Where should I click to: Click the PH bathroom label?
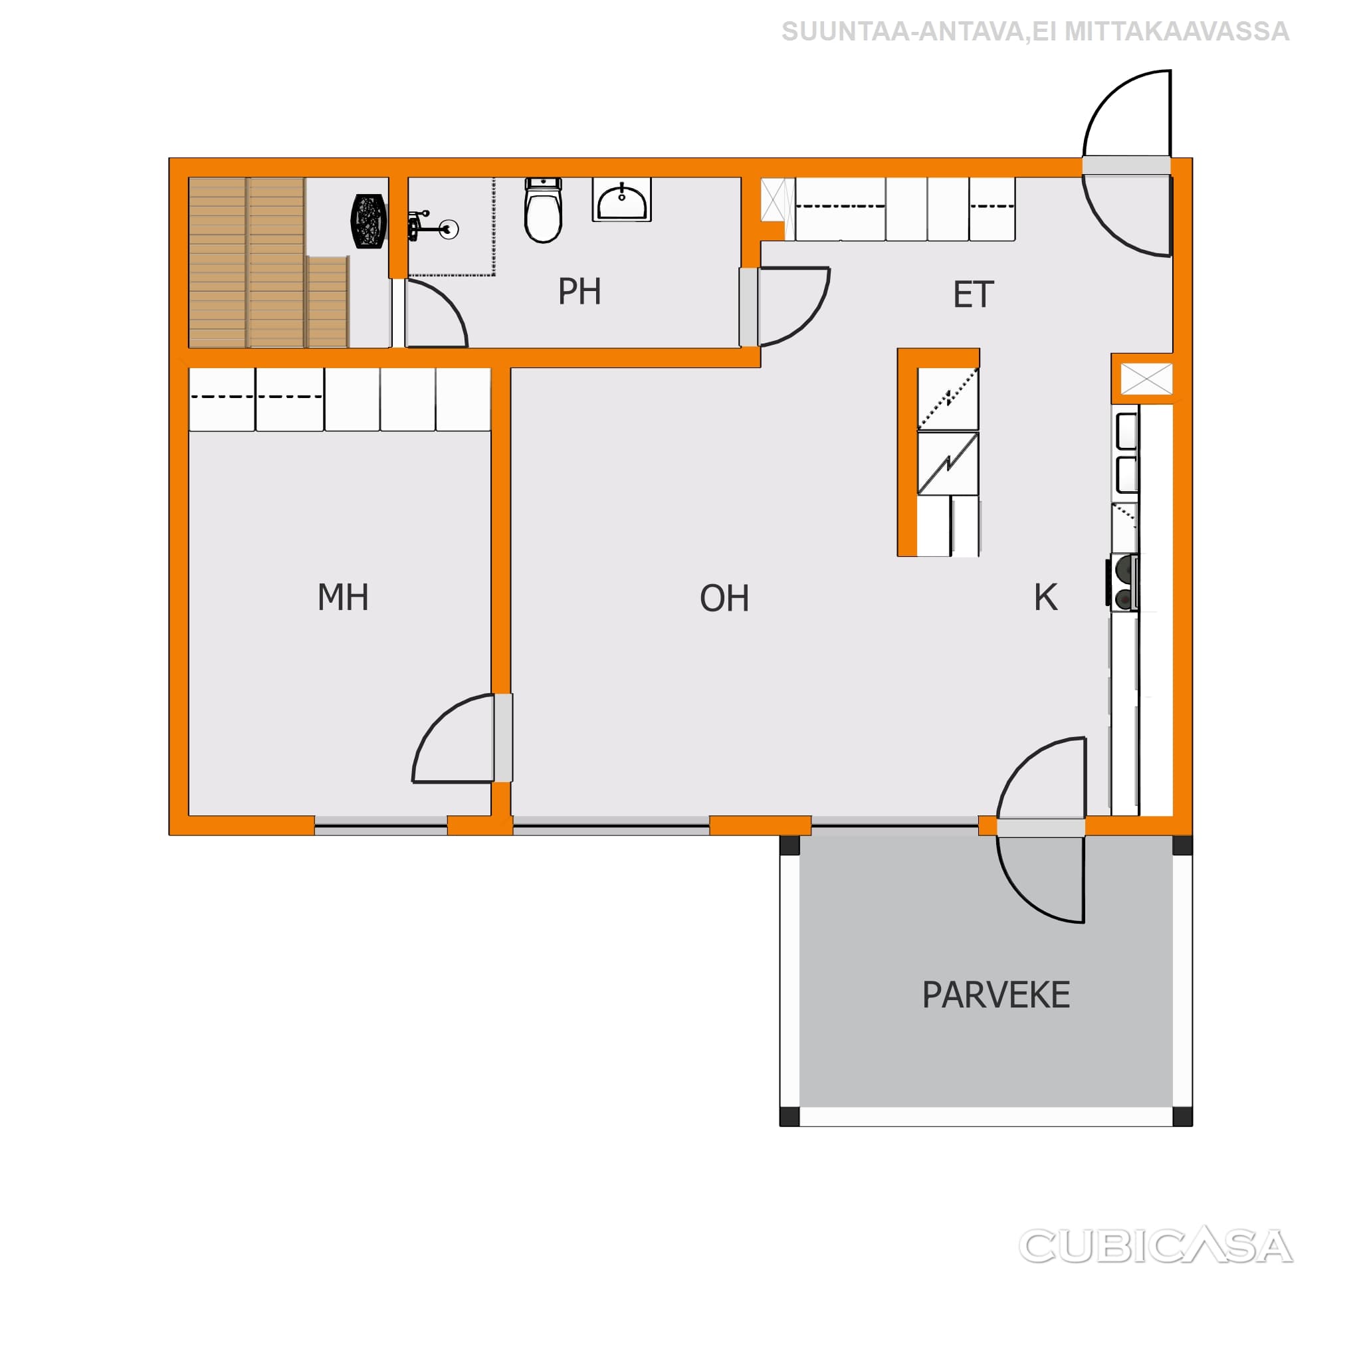click(579, 292)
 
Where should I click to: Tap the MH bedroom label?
click(343, 597)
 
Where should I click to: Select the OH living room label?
click(724, 598)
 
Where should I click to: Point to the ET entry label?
click(973, 294)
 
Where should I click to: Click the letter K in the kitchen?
click(1045, 597)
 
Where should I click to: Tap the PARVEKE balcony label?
click(996, 995)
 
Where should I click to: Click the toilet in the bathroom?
click(543, 210)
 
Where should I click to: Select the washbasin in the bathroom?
click(621, 200)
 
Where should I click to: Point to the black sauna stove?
click(368, 221)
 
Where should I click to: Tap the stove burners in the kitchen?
click(1123, 582)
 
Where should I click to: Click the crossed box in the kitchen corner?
click(1146, 379)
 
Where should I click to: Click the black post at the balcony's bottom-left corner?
click(789, 1116)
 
